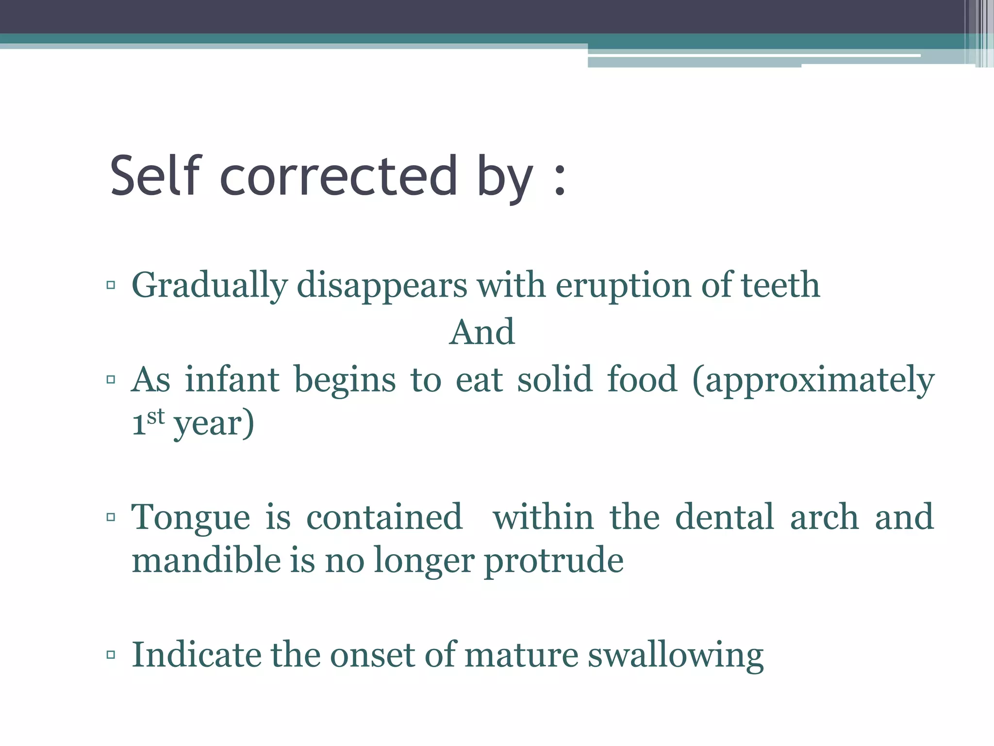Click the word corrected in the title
[x=339, y=176]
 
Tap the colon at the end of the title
[x=560, y=180]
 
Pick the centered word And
[x=482, y=333]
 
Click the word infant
[x=232, y=379]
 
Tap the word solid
[x=555, y=379]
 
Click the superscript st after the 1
[x=156, y=417]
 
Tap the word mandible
[x=206, y=560]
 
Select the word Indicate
[x=196, y=655]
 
